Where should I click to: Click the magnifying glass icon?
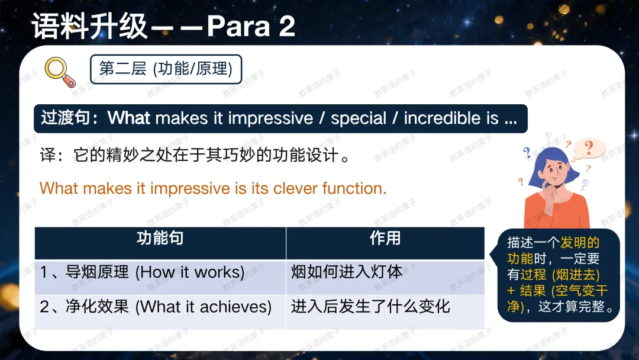pyautogui.click(x=60, y=72)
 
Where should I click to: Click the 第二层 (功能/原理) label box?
pyautogui.click(x=166, y=69)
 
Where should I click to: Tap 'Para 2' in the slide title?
pyautogui.click(x=251, y=27)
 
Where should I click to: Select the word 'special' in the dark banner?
pyautogui.click(x=358, y=118)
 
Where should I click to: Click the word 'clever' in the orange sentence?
pyautogui.click(x=295, y=188)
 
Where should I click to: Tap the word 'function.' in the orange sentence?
pyautogui.click(x=354, y=188)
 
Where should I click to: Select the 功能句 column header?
pyautogui.click(x=160, y=237)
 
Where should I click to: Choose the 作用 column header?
pyautogui.click(x=385, y=237)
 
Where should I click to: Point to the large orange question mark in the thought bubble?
pyautogui.click(x=589, y=147)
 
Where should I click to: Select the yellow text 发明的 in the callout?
pyautogui.click(x=580, y=243)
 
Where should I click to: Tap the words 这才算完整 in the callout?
pyautogui.click(x=572, y=306)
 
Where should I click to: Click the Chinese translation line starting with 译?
pyautogui.click(x=195, y=155)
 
